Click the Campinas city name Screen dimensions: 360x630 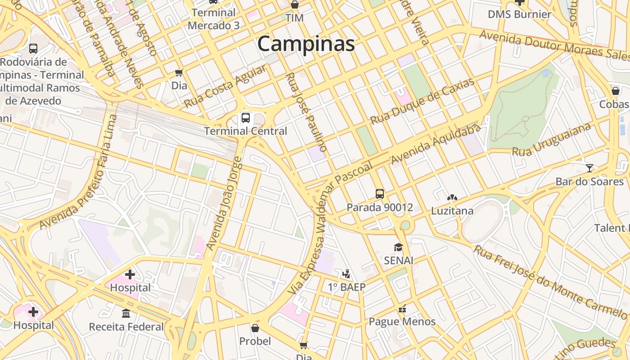tap(306, 44)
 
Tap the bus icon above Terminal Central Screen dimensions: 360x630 tap(246, 118)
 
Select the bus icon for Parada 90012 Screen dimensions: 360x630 tap(380, 194)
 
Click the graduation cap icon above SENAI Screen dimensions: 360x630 tap(398, 247)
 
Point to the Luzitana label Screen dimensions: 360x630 tap(452, 211)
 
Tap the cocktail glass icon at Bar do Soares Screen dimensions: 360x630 tap(589, 168)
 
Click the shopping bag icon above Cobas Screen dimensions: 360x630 tap(616, 91)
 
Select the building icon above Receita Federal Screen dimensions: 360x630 tap(126, 313)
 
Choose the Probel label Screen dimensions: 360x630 tap(255, 341)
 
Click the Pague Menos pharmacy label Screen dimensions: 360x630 tap(402, 321)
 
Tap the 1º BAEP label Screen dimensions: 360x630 tap(346, 287)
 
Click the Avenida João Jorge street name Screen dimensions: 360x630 tap(224, 204)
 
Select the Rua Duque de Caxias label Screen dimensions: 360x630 tap(422, 102)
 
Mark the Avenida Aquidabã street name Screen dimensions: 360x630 tap(436, 144)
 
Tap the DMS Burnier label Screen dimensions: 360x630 tap(519, 14)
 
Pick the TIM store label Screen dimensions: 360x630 tap(294, 18)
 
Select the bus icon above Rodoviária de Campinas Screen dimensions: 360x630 tap(33, 48)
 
